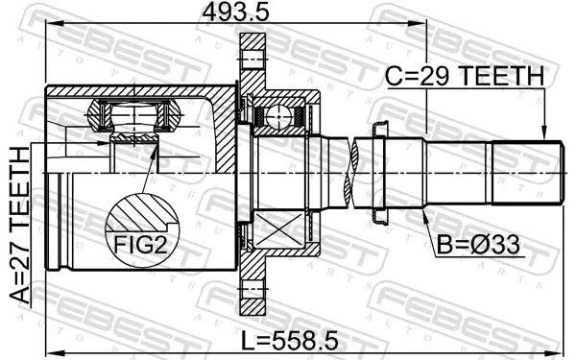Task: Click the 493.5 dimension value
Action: [236, 12]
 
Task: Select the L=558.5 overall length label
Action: [290, 341]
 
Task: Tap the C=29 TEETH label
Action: [465, 77]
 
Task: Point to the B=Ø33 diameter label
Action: [478, 245]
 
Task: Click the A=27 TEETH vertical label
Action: [19, 225]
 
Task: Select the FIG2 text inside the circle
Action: [141, 245]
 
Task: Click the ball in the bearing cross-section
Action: [278, 117]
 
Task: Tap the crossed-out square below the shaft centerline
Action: [278, 228]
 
